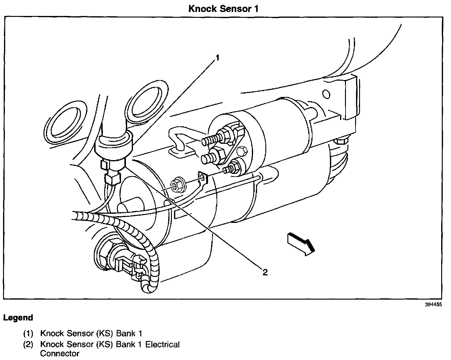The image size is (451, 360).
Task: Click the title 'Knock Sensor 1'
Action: pyautogui.click(x=223, y=8)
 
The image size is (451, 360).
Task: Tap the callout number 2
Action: pyautogui.click(x=265, y=272)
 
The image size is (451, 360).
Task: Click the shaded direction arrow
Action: pyautogui.click(x=301, y=244)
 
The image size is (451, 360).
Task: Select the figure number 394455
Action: pyautogui.click(x=433, y=305)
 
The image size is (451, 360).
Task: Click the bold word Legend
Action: pyautogui.click(x=18, y=318)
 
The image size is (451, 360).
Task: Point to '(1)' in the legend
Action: pyautogui.click(x=28, y=334)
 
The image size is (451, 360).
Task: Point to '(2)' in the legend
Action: pyautogui.click(x=28, y=344)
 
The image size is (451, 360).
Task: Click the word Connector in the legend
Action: pyautogui.click(x=60, y=354)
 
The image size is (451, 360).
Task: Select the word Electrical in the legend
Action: pyautogui.click(x=162, y=344)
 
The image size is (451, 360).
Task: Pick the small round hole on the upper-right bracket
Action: pyautogui.click(x=327, y=94)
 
